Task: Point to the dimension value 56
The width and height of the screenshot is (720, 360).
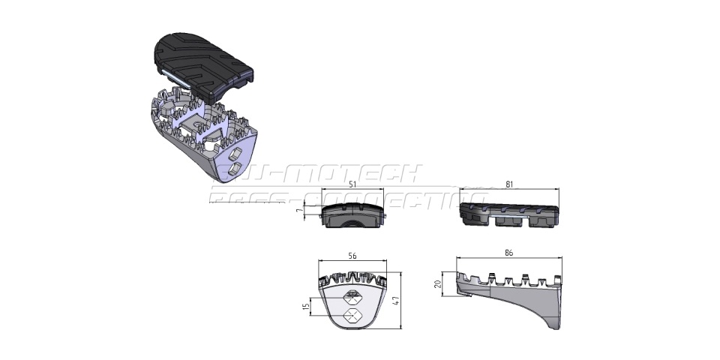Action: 352,256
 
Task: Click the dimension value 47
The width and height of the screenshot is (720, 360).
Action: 411,299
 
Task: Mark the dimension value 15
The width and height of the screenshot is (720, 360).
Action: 307,308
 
